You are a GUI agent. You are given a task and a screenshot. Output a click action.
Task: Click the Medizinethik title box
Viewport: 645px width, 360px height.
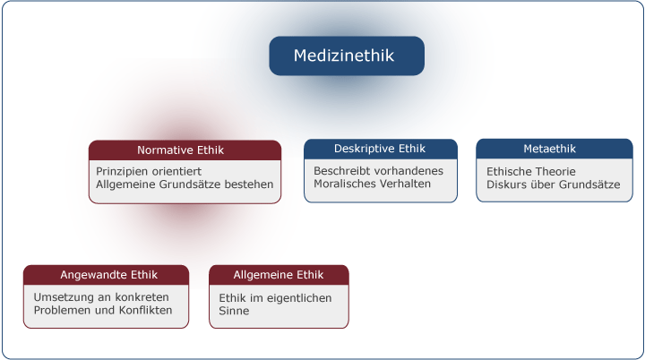pos(346,56)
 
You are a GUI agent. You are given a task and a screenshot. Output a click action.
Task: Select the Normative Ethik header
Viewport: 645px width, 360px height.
pos(185,150)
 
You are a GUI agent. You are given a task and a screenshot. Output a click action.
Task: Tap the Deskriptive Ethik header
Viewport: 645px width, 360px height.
pos(380,149)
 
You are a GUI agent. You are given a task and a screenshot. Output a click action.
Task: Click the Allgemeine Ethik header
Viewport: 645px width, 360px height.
pos(279,275)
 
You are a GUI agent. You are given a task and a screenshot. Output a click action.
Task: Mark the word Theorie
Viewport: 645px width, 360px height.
pos(554,171)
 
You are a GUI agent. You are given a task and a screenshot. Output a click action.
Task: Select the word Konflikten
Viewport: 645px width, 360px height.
pos(144,310)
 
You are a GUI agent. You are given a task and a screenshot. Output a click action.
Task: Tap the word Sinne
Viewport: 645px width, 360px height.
pos(234,311)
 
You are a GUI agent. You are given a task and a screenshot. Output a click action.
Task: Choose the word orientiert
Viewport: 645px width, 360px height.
pos(176,171)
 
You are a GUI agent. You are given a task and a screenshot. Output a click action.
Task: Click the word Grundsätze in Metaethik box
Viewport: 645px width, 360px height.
pos(589,184)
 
